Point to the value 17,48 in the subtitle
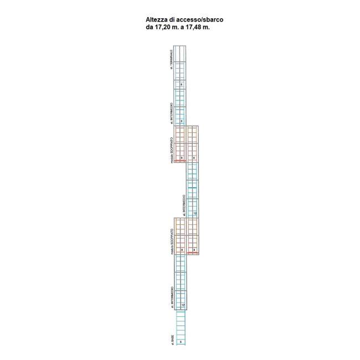194,27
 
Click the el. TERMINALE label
172,60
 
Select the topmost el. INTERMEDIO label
172,112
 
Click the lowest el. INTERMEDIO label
172,297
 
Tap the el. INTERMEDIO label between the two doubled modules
183,204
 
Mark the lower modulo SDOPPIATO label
172,241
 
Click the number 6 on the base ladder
181,342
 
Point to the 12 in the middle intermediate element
194,212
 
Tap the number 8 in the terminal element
182,84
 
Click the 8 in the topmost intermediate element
182,120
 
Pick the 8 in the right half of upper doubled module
194,157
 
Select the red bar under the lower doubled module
193,253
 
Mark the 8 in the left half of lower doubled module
182,250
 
